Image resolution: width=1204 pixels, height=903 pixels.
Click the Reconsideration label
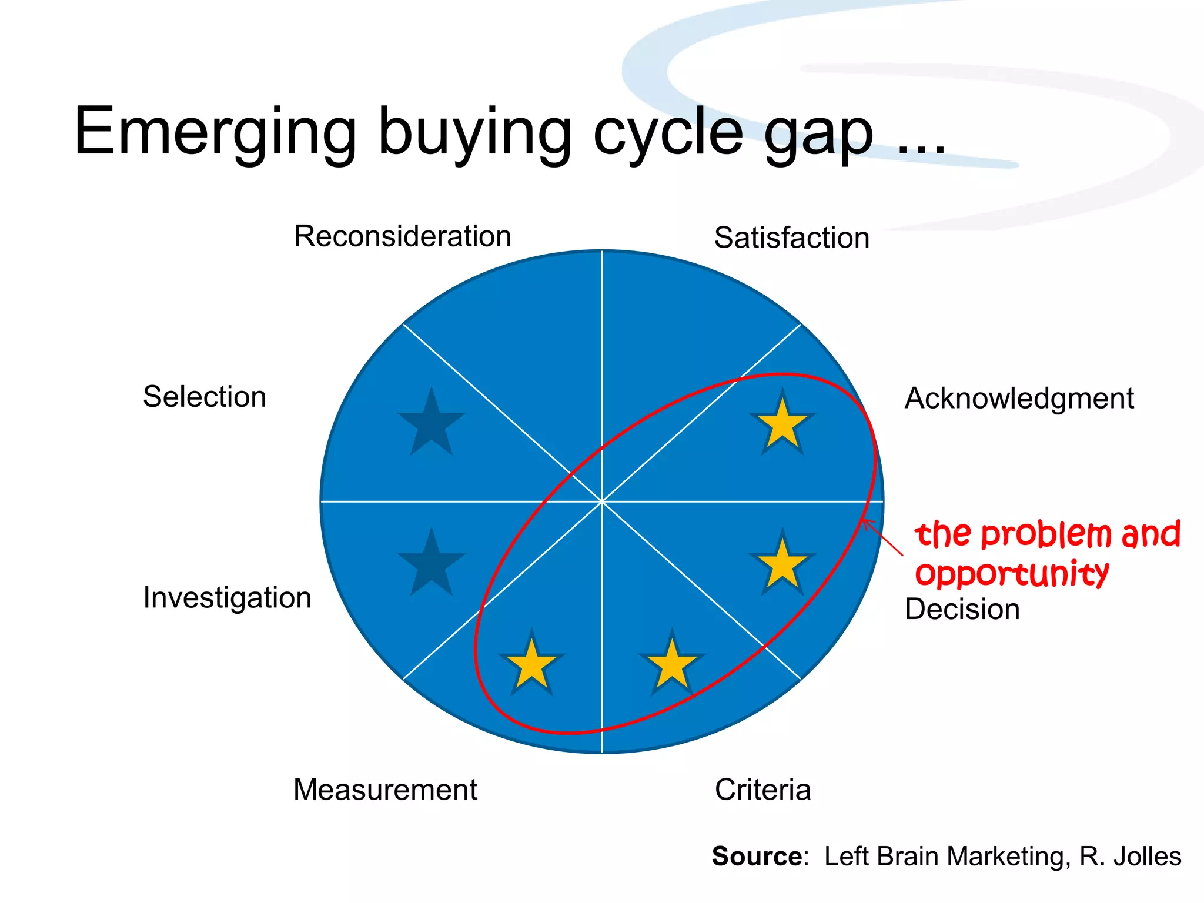402,236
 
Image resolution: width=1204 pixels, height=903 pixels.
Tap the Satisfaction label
791,238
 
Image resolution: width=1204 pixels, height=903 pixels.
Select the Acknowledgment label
1019,399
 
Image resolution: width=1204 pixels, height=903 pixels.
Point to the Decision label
962,609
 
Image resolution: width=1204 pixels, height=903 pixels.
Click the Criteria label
762,790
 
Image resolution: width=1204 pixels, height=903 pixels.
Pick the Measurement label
385,790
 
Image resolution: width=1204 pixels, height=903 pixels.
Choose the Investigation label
227,598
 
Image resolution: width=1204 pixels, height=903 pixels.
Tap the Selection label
205,397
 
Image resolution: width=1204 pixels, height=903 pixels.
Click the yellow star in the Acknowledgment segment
782,423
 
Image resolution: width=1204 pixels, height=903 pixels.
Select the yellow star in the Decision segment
782,564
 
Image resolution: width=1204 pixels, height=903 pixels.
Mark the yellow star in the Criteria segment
672,664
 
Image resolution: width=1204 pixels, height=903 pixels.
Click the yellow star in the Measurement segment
531,664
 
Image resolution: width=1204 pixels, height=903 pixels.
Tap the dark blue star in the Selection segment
432,423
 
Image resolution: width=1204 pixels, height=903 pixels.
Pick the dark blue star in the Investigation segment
432,564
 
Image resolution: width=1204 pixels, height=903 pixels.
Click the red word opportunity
1012,573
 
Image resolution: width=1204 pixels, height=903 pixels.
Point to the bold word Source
757,857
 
